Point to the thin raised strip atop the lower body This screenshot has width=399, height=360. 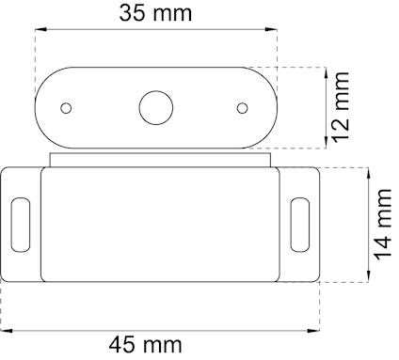[160, 161]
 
